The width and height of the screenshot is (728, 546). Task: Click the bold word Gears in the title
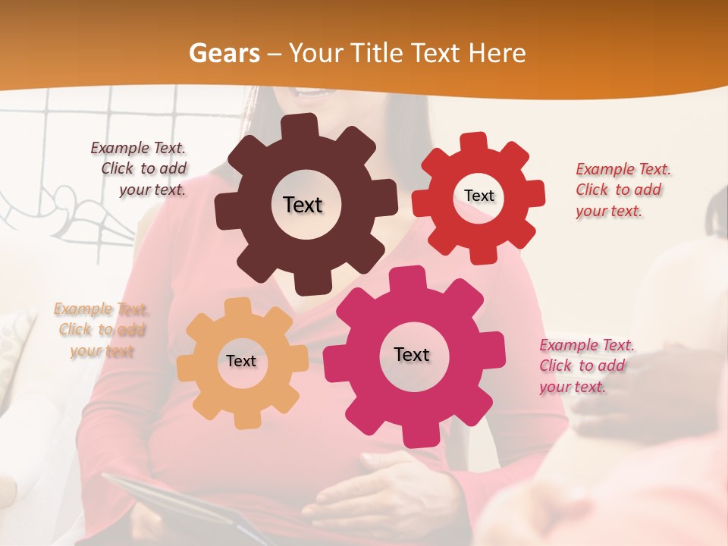(224, 53)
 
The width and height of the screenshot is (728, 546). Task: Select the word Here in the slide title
(497, 53)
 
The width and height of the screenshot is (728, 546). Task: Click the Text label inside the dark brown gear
(303, 205)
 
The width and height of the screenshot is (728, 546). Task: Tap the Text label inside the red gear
(479, 196)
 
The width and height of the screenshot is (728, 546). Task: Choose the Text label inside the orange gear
(241, 362)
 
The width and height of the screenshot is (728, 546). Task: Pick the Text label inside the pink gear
(412, 355)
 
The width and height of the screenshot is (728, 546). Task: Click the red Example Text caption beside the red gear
(622, 190)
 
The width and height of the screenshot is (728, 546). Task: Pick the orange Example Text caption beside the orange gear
(101, 330)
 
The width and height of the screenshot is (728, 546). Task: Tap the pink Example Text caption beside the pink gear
(585, 366)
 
